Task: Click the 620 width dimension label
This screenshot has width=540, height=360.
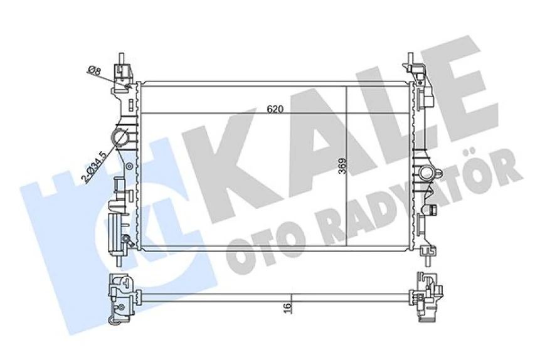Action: (275, 109)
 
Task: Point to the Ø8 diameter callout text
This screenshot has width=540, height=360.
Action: (94, 70)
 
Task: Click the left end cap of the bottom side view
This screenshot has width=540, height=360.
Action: (122, 295)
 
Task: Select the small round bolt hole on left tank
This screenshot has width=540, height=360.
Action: (129, 167)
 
